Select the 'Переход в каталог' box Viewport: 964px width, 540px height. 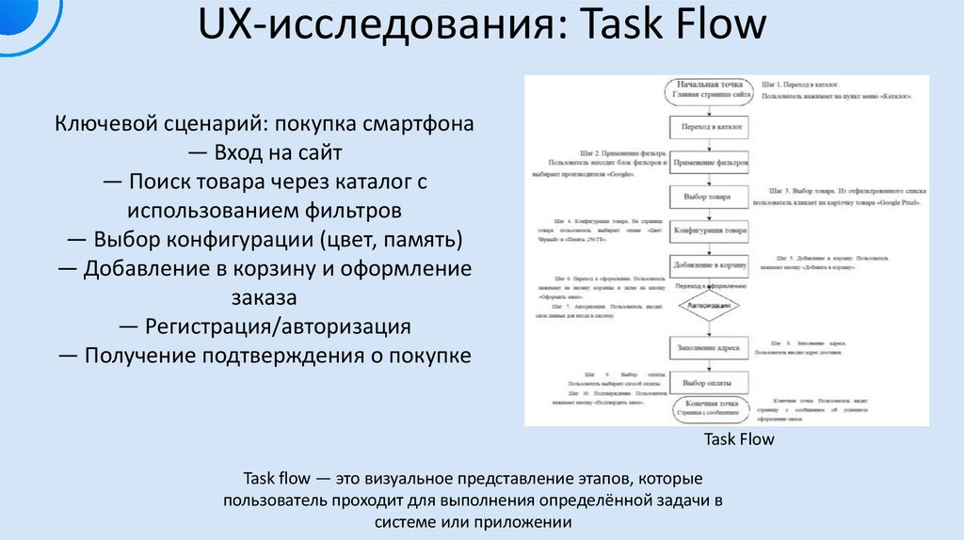709,125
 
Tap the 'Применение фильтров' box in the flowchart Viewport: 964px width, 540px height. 709,161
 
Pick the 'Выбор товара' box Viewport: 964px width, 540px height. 709,197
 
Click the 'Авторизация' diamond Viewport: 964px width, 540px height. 709,306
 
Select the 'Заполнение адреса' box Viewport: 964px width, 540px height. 709,346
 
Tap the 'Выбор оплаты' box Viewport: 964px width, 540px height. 709,383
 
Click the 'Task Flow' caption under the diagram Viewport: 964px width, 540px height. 739,439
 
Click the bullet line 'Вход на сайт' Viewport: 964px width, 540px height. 264,152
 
